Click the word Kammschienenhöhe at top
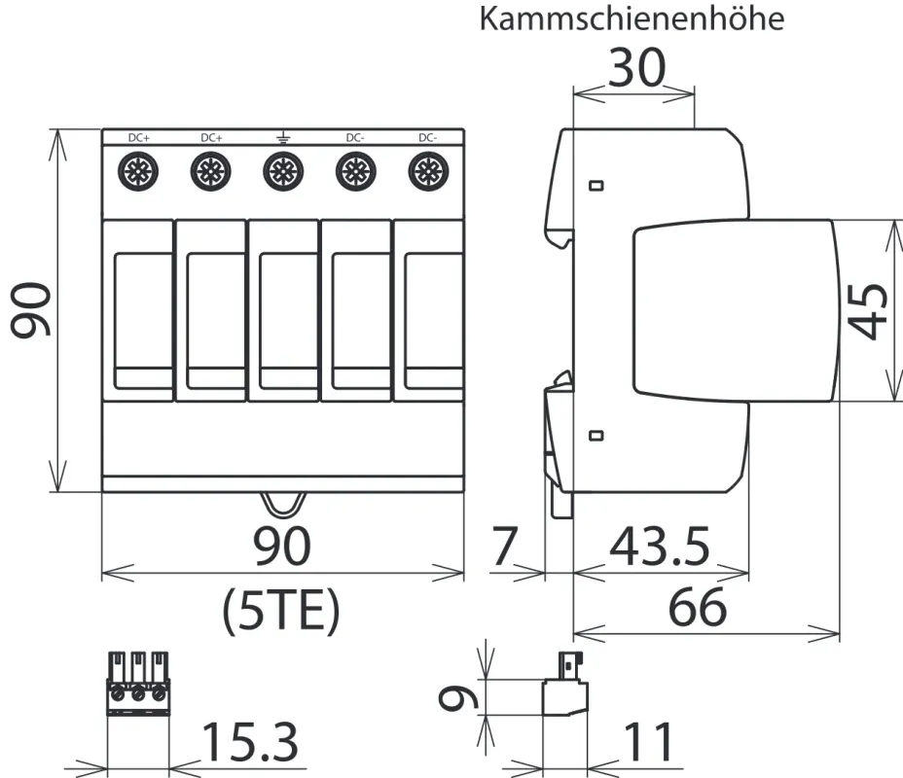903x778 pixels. (x=632, y=19)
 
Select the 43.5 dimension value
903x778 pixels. (x=659, y=548)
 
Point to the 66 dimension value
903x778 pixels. (x=698, y=609)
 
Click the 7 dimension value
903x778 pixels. (x=502, y=548)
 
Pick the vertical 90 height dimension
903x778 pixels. (x=31, y=310)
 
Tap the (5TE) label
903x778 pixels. (x=282, y=611)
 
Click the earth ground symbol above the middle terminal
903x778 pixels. (x=281, y=137)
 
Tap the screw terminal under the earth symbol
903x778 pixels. (x=281, y=173)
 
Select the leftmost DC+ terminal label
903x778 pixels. (x=139, y=138)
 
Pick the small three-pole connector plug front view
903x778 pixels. (x=137, y=685)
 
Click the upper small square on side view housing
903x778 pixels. (x=597, y=185)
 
